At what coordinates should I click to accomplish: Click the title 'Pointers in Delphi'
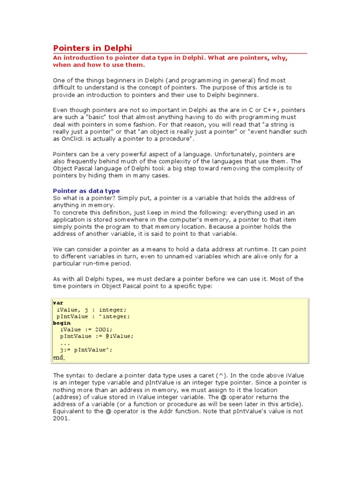(92, 48)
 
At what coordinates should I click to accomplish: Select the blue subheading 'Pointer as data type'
(86, 191)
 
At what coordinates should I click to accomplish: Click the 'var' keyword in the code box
(58, 303)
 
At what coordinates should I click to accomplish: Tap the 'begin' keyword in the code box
(62, 323)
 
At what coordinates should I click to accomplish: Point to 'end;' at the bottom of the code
(59, 357)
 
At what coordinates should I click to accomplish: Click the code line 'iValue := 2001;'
(86, 330)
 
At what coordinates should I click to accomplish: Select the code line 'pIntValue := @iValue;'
(97, 336)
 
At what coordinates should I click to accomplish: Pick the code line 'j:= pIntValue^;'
(86, 350)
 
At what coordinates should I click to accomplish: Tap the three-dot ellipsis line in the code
(65, 343)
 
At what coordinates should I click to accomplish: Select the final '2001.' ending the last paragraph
(61, 419)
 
